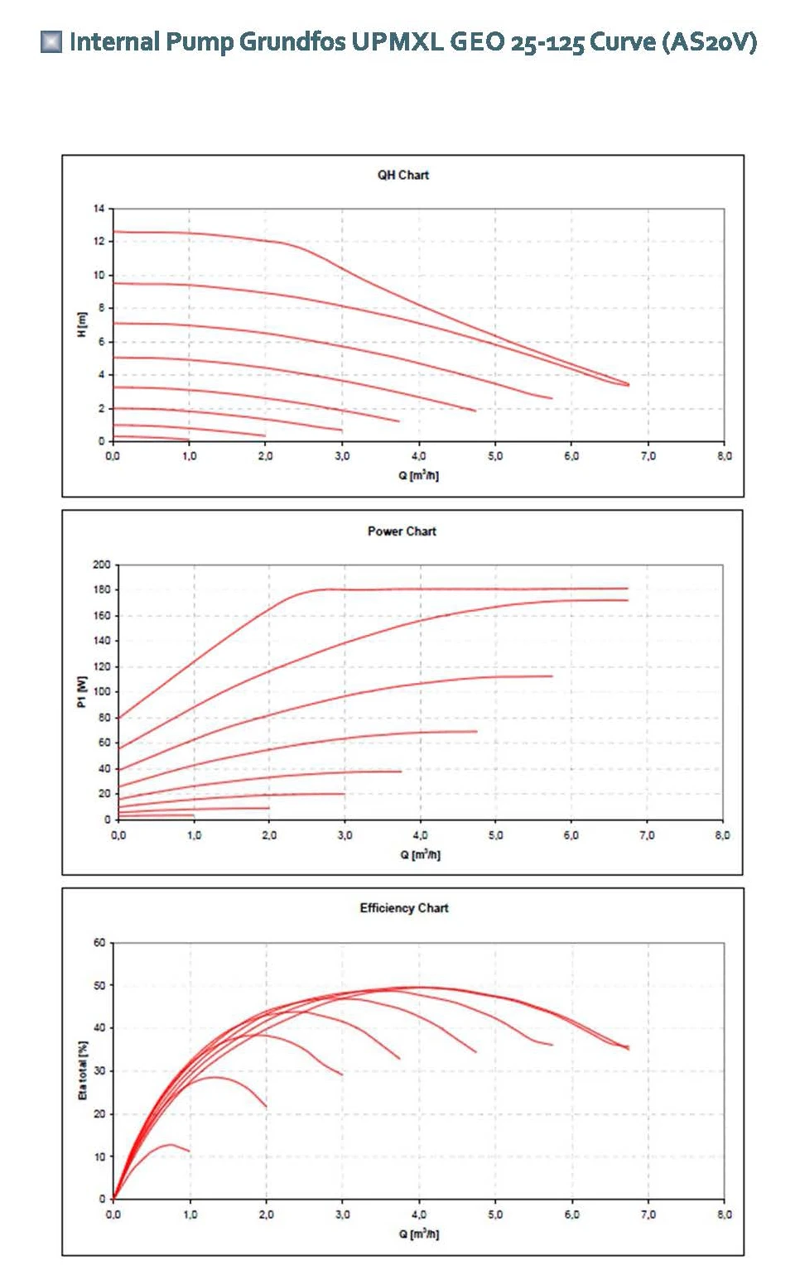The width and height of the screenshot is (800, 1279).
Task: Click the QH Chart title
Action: (x=403, y=176)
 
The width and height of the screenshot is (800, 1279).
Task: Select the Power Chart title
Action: (x=402, y=531)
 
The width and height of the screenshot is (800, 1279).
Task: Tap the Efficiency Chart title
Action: (x=404, y=908)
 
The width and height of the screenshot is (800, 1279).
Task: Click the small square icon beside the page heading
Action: (x=51, y=41)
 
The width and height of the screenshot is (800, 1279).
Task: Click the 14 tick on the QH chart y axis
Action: (x=99, y=209)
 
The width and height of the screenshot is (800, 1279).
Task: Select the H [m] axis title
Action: (x=81, y=325)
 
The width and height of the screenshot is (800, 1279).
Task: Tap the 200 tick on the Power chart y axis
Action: (x=101, y=565)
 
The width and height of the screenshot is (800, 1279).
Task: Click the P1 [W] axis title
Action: (x=81, y=691)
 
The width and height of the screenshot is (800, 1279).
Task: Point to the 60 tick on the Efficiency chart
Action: (x=99, y=943)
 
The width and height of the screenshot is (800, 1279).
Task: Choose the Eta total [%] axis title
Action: (x=82, y=1070)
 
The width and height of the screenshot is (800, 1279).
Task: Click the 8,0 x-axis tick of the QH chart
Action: (x=724, y=456)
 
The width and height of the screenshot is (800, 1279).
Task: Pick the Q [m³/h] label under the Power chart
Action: (x=420, y=854)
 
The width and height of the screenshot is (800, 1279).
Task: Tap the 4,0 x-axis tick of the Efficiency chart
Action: (x=419, y=1214)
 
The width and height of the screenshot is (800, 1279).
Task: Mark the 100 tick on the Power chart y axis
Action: (x=101, y=692)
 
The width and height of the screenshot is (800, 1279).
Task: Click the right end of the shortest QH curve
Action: (x=189, y=440)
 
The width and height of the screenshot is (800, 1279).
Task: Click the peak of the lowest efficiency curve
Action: (x=171, y=1144)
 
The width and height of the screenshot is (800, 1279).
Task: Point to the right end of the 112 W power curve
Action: (x=552, y=676)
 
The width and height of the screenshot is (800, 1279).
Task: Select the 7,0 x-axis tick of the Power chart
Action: (x=647, y=835)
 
